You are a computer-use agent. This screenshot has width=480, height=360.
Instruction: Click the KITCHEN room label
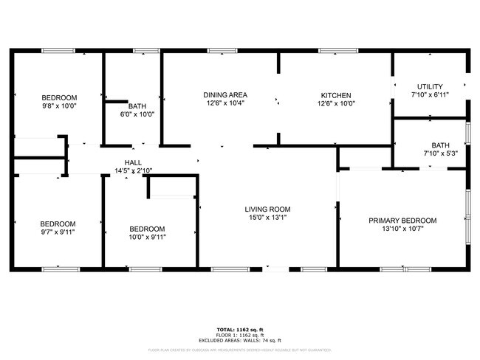[336, 95]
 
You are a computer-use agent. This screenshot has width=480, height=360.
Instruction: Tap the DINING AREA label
[225, 95]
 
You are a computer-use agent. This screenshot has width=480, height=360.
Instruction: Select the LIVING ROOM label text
[268, 210]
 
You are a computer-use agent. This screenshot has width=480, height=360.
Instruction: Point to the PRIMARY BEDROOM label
[403, 221]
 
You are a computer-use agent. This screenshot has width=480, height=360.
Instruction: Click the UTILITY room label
[430, 86]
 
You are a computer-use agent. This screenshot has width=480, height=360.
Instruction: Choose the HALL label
[133, 162]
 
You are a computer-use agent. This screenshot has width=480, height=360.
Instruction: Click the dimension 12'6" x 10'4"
[225, 104]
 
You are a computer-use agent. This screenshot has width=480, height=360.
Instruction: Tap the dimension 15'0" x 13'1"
[268, 218]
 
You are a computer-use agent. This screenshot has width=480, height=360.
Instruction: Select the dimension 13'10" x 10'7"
[403, 229]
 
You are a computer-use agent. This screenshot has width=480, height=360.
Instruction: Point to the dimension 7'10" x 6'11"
[430, 95]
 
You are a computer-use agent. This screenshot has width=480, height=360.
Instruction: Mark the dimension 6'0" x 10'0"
[137, 114]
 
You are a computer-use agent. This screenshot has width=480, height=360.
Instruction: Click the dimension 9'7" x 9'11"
[58, 233]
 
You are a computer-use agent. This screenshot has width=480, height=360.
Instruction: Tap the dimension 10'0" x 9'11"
[147, 238]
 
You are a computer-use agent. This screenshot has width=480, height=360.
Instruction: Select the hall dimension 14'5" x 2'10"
[133, 171]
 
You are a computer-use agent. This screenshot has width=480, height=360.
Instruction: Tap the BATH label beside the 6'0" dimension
[137, 105]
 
